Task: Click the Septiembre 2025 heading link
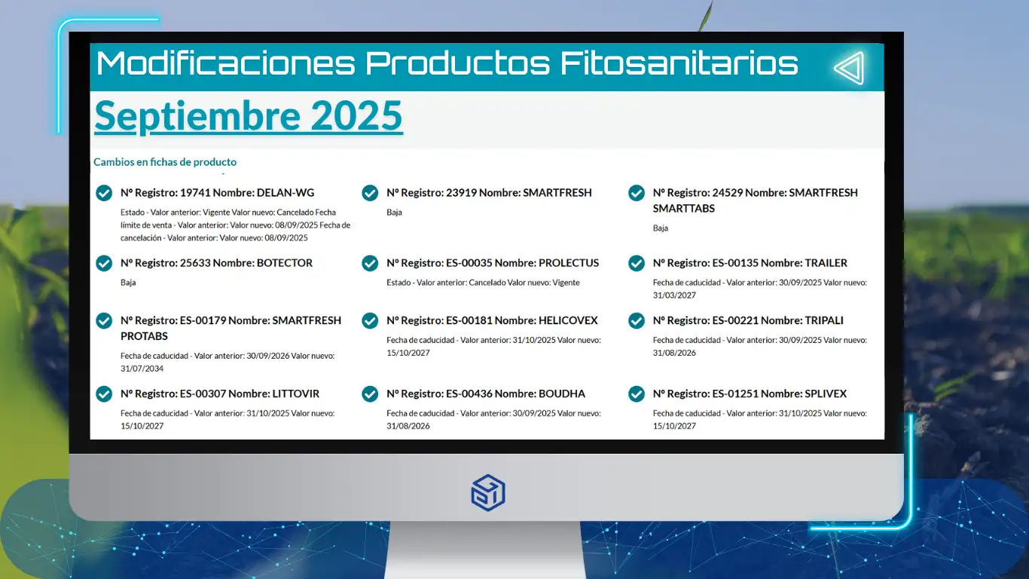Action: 249,116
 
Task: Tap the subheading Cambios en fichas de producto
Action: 165,162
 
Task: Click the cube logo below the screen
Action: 488,492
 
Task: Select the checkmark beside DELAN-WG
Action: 104,193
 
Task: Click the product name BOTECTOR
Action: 284,263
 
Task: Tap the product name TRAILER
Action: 826,263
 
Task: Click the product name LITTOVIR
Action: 295,394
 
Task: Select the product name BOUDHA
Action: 561,394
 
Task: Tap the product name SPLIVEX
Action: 825,394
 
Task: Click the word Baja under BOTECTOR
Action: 128,283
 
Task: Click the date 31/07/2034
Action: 142,369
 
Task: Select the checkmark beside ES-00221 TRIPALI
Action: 637,320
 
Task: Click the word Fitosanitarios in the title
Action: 679,63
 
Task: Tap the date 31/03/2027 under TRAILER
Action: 674,296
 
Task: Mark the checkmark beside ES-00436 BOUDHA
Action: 370,394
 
